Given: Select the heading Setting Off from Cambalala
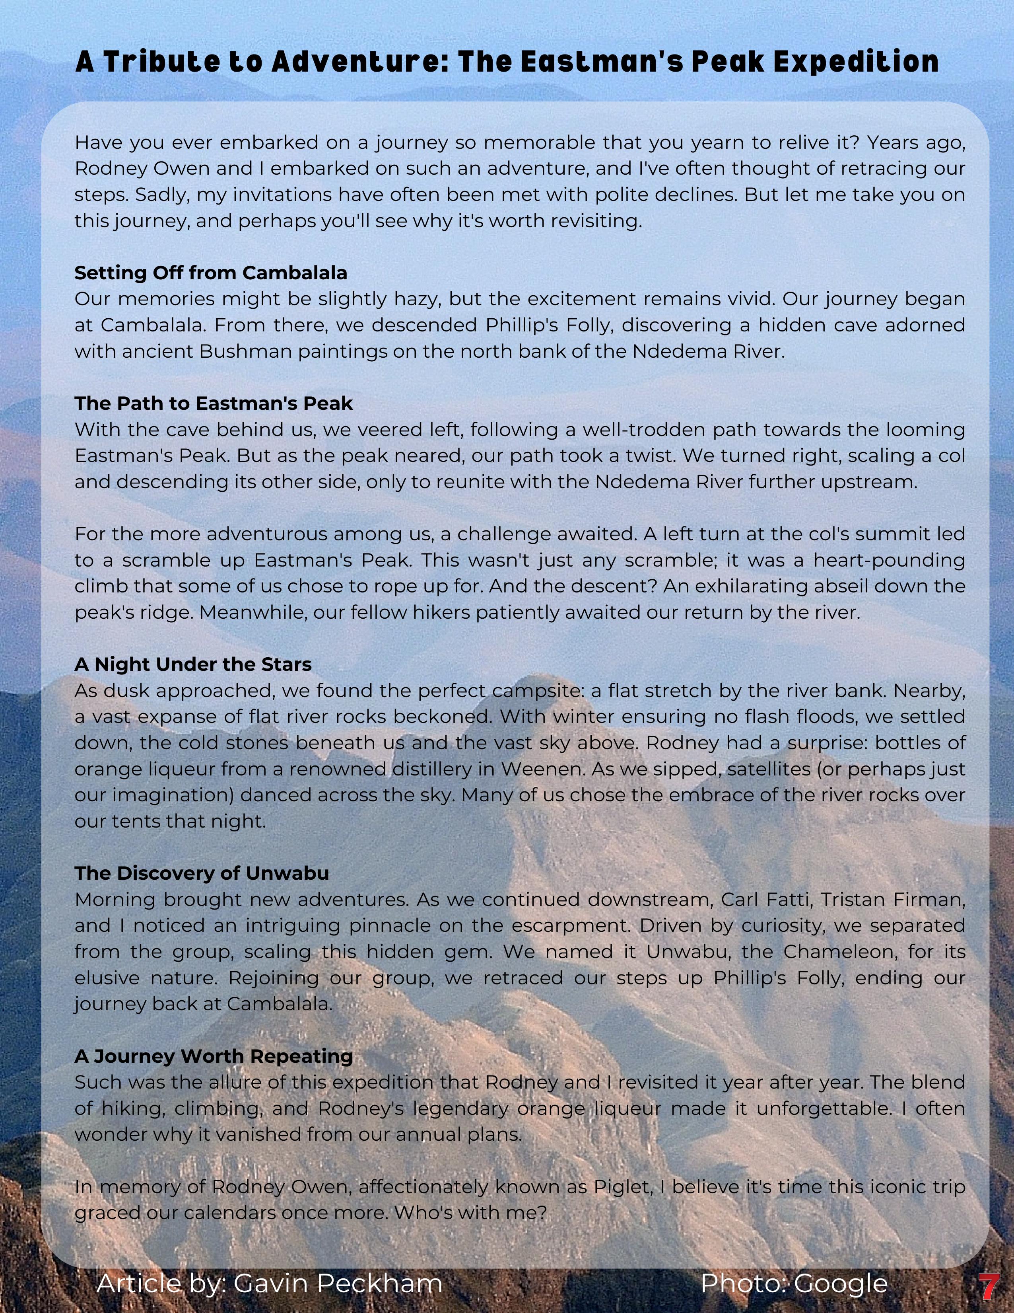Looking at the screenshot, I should pyautogui.click(x=211, y=273).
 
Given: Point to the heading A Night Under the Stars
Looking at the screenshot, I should pyautogui.click(x=193, y=664).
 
